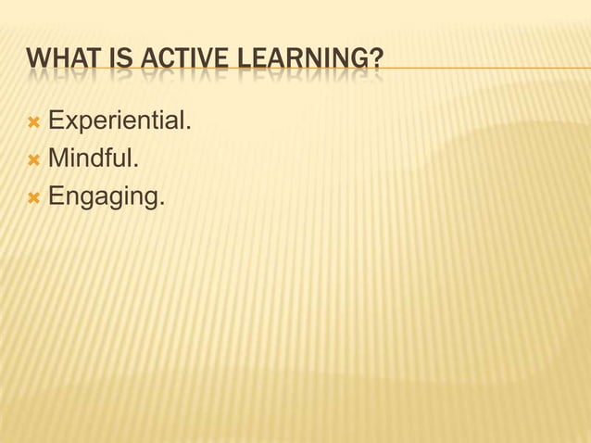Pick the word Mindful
pos(93,159)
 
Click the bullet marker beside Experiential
pos(34,122)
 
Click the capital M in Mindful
pos(57,159)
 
